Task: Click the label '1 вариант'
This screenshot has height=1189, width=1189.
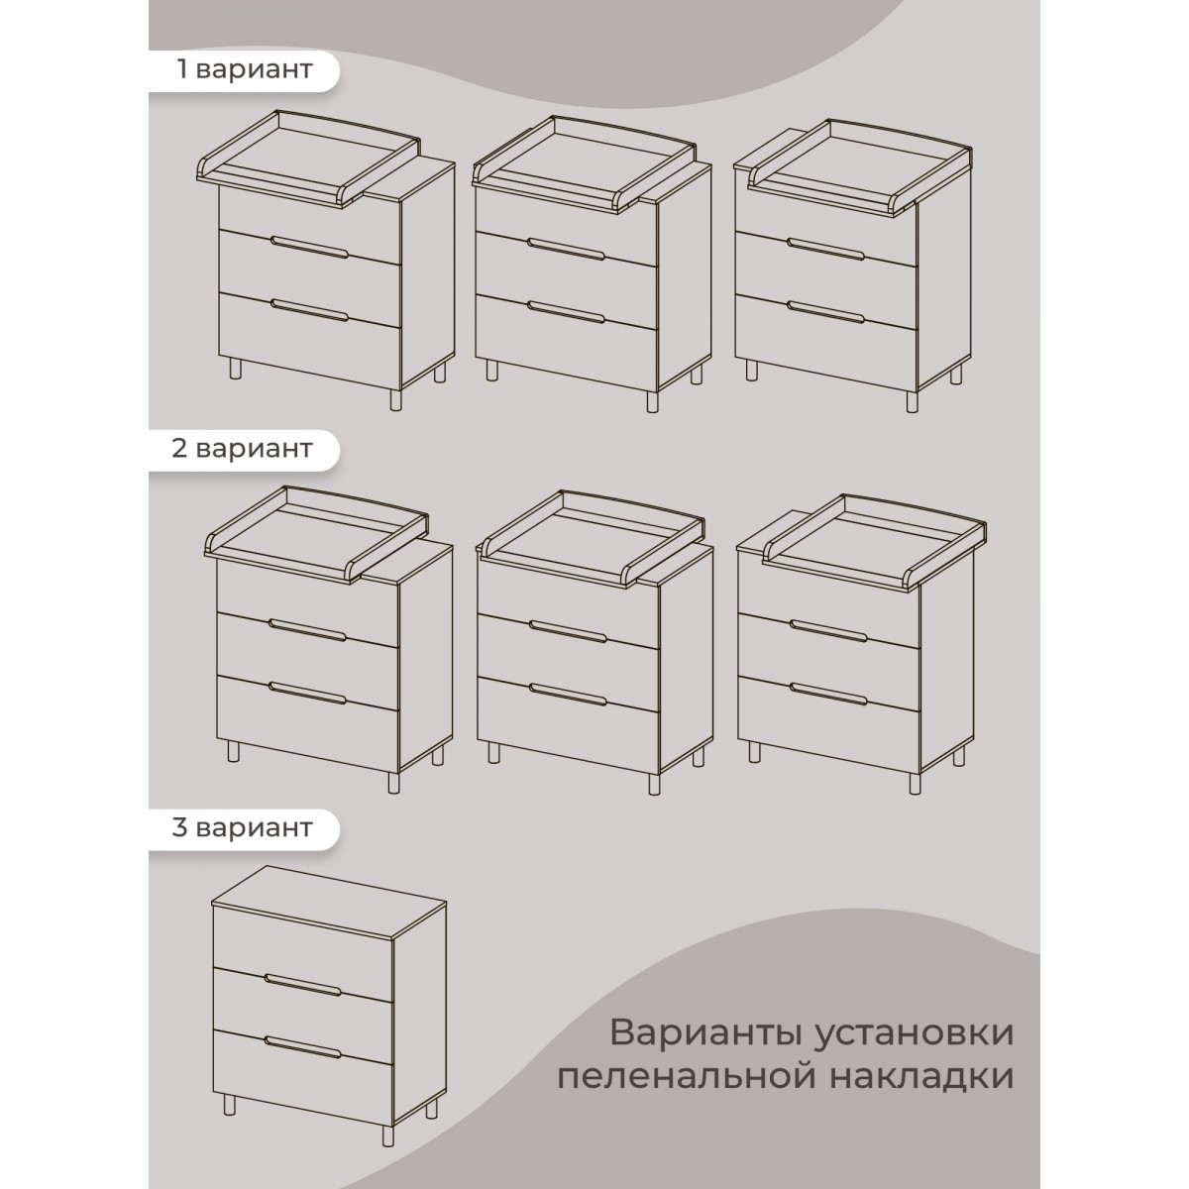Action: tap(244, 69)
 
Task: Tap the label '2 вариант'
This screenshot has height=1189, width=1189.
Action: tap(243, 448)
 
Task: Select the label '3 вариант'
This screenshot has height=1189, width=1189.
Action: tap(243, 826)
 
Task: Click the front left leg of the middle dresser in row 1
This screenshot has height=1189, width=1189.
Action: tap(491, 371)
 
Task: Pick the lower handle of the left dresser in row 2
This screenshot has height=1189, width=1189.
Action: tap(308, 694)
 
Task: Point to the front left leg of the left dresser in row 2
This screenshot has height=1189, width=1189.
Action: tap(234, 751)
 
